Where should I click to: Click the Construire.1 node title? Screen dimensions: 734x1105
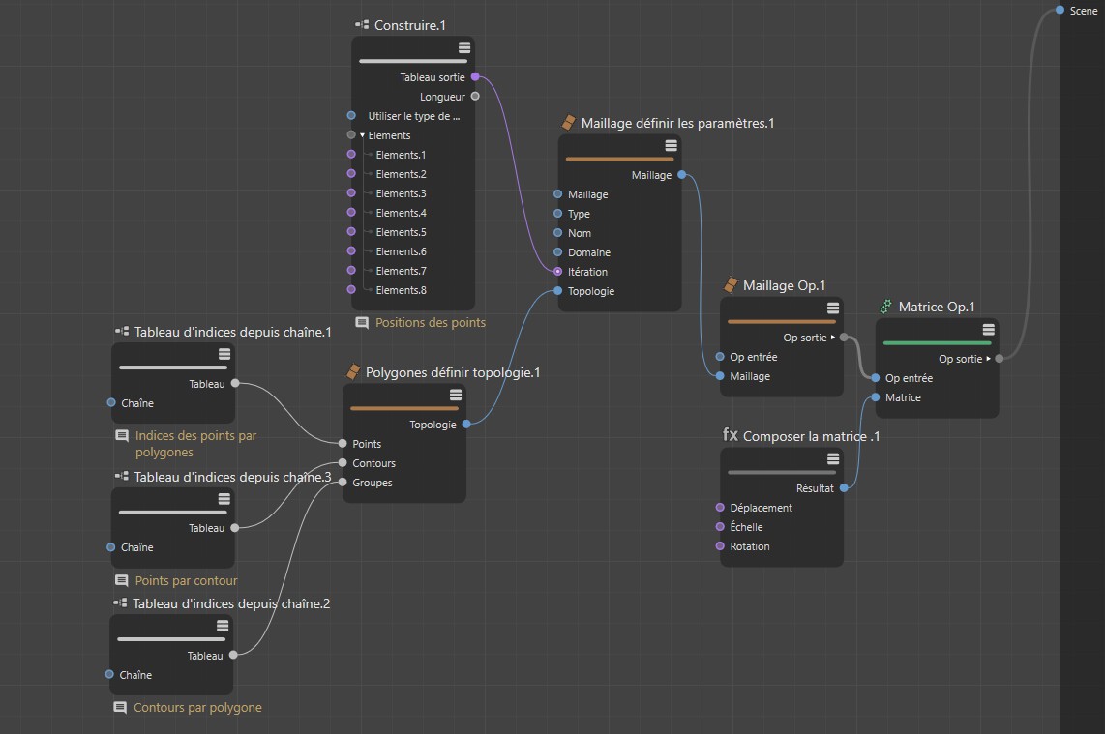pyautogui.click(x=410, y=24)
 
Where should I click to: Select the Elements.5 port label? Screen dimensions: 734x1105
pyautogui.click(x=401, y=232)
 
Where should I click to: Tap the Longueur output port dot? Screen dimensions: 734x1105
pyautogui.click(x=475, y=97)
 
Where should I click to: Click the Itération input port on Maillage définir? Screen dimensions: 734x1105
pyautogui.click(x=558, y=272)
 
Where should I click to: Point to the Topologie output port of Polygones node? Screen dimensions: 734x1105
pyautogui.click(x=466, y=425)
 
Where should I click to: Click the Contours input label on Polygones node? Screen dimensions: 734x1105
pyautogui.click(x=373, y=463)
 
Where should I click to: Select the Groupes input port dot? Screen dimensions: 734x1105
pyautogui.click(x=343, y=483)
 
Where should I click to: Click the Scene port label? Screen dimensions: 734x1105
pyautogui.click(x=1084, y=11)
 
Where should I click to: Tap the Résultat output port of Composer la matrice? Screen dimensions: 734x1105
pyautogui.click(x=845, y=488)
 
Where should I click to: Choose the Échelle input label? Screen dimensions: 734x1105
pyautogui.click(x=746, y=527)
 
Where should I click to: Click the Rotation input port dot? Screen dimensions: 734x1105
pyautogui.click(x=720, y=546)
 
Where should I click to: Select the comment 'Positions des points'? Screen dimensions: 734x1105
pyautogui.click(x=431, y=322)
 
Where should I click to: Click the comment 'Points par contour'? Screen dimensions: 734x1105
pyautogui.click(x=186, y=580)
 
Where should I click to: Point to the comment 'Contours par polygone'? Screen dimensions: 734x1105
pyautogui.click(x=197, y=707)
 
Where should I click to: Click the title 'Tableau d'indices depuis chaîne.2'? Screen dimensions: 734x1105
pyautogui.click(x=231, y=603)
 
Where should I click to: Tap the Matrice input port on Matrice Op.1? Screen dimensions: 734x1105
pyautogui.click(x=876, y=397)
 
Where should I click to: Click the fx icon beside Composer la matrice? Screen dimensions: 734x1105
pyautogui.click(x=731, y=435)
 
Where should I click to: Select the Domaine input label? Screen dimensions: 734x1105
pyautogui.click(x=588, y=252)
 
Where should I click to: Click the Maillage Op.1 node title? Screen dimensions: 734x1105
pyautogui.click(x=784, y=285)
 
